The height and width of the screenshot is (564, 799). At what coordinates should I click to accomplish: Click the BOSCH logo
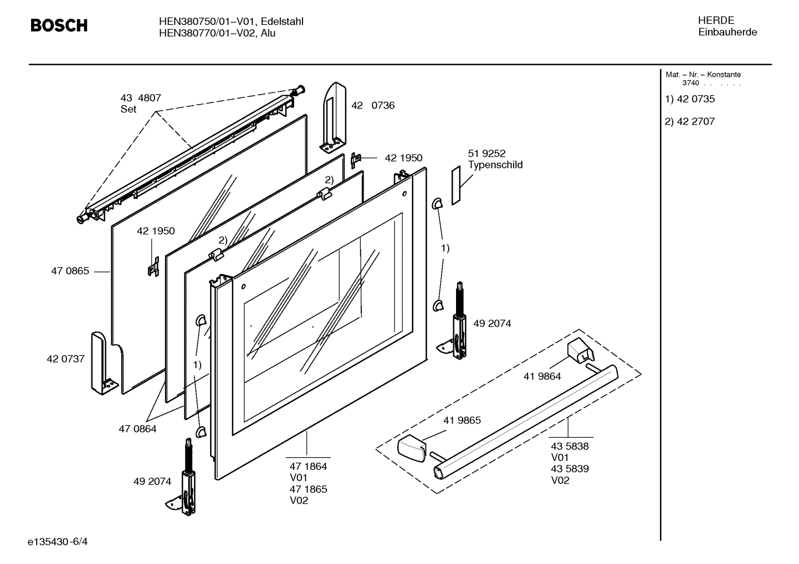pos(59,25)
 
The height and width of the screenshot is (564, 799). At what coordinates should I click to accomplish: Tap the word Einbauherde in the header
pos(727,32)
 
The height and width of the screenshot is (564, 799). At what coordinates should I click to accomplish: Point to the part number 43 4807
pos(141,98)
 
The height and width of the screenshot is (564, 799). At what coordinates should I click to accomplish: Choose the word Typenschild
pos(495,165)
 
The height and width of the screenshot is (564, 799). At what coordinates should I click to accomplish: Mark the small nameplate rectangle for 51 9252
pos(455,185)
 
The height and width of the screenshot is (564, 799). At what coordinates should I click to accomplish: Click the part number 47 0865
pos(70,271)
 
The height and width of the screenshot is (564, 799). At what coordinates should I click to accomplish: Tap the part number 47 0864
pos(137,428)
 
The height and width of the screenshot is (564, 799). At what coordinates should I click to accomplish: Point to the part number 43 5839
pos(569,469)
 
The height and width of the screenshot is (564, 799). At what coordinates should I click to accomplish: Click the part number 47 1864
pos(308,466)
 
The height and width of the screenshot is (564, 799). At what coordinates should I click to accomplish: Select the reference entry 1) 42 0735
pos(690,99)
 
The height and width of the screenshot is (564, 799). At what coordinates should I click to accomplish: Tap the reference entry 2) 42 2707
pos(690,121)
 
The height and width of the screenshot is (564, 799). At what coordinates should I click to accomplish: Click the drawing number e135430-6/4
pos(58,541)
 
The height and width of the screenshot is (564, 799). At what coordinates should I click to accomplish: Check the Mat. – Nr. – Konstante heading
pos(703,75)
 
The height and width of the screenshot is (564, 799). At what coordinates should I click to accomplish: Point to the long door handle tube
pos(526,421)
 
